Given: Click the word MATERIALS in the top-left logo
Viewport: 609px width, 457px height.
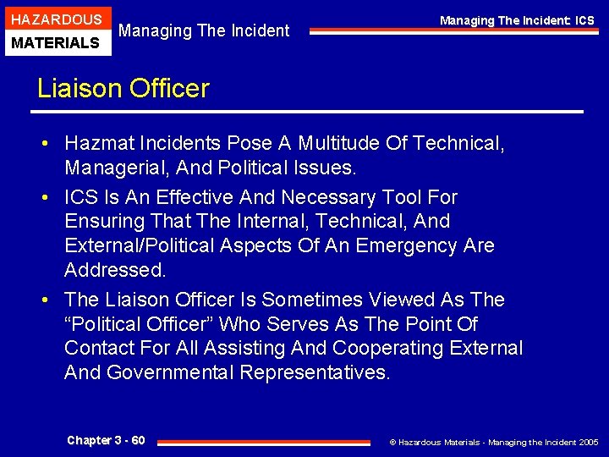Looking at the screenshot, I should pyautogui.click(x=56, y=42).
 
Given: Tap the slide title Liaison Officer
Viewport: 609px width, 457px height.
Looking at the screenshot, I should pyautogui.click(x=123, y=89).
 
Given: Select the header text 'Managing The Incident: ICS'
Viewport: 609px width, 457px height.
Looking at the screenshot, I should pyautogui.click(x=517, y=20).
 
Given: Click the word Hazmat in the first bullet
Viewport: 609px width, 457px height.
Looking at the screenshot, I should pyautogui.click(x=97, y=144).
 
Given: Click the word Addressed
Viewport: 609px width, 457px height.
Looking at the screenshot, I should pyautogui.click(x=114, y=270).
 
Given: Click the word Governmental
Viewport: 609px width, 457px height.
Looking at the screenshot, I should pyautogui.click(x=169, y=372).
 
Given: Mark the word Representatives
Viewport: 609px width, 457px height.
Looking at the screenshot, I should pyautogui.click(x=315, y=372).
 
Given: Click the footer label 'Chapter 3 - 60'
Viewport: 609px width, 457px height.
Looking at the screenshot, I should pyautogui.click(x=106, y=440).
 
